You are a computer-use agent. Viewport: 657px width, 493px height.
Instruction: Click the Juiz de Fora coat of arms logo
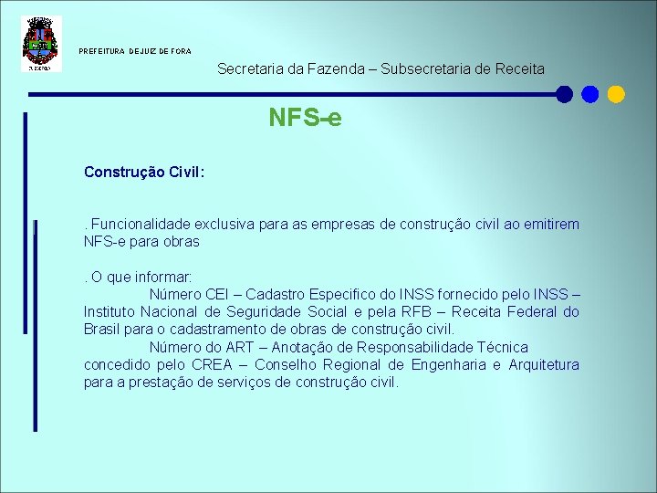[x=41, y=43]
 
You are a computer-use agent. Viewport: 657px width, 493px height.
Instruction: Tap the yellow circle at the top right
[x=616, y=94]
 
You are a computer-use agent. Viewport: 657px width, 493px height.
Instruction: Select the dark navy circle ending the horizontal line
[x=565, y=94]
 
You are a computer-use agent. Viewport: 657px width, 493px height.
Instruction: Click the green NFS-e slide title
[x=305, y=118]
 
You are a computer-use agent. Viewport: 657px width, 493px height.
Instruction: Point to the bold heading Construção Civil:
[x=144, y=172]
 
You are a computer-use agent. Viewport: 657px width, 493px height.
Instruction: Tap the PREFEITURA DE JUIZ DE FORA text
[x=135, y=51]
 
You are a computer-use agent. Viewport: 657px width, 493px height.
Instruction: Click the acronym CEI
[x=216, y=294]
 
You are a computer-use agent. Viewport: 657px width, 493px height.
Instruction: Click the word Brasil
[x=101, y=330]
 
